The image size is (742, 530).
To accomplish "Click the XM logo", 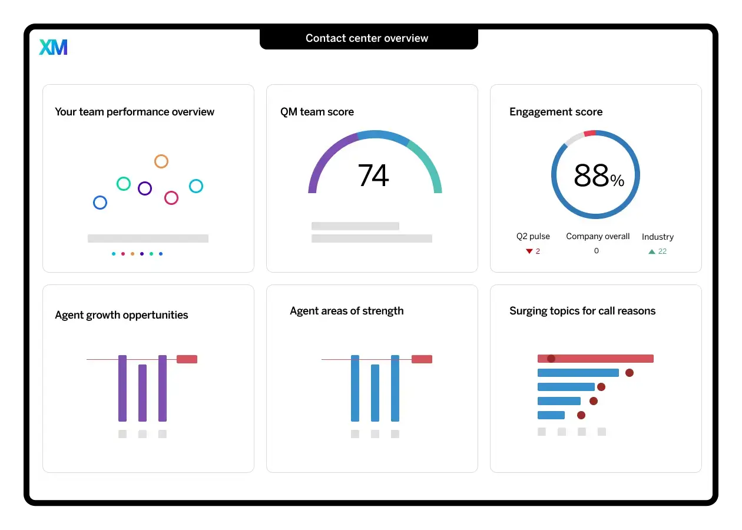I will click(x=53, y=47).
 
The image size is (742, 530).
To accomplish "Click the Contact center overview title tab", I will click(x=367, y=39).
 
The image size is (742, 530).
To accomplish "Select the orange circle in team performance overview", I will click(x=161, y=161).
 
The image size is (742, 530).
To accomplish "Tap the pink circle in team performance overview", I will click(x=171, y=198).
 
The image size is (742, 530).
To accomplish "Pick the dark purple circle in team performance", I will click(x=145, y=188).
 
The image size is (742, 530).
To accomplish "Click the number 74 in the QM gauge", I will click(x=373, y=175).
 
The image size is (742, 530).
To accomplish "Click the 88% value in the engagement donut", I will click(x=598, y=175).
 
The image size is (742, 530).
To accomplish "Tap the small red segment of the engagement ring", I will click(x=590, y=134).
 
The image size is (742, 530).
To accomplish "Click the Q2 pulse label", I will click(x=533, y=236).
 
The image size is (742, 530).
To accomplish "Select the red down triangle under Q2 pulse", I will click(x=529, y=251).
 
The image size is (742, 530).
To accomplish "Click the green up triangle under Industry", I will click(x=652, y=251).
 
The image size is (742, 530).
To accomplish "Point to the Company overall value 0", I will click(x=596, y=251).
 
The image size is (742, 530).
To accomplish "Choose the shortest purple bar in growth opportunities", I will click(x=143, y=393).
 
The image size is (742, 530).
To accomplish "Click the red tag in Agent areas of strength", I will click(x=422, y=359).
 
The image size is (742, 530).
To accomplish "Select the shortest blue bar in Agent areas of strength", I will click(x=375, y=393).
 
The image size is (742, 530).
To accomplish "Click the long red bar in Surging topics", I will click(x=595, y=359).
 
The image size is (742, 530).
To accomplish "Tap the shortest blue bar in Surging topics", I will click(x=551, y=415).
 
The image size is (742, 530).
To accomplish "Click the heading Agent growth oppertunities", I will click(x=121, y=315).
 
